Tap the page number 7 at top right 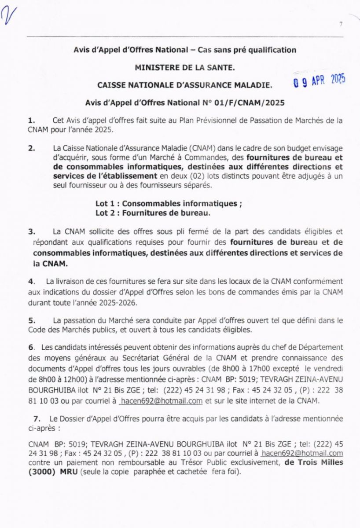(x=341, y=25)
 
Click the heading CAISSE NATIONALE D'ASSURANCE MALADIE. (x=185, y=84)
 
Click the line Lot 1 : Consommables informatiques (x=168, y=204)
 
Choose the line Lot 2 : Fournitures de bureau (x=153, y=213)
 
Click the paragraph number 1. (x=31, y=120)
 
